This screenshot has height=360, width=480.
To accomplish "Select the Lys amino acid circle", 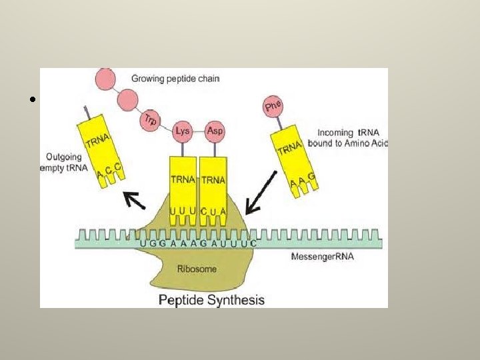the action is (x=182, y=131).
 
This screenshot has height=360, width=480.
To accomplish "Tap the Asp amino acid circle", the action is (x=215, y=130).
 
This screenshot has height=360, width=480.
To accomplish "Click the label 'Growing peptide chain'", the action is (x=175, y=79).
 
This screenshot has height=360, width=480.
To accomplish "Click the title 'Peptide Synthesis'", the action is (x=211, y=300).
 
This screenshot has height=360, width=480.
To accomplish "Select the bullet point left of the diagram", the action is (x=31, y=101).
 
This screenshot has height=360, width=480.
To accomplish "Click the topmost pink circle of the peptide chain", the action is (x=105, y=77).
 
